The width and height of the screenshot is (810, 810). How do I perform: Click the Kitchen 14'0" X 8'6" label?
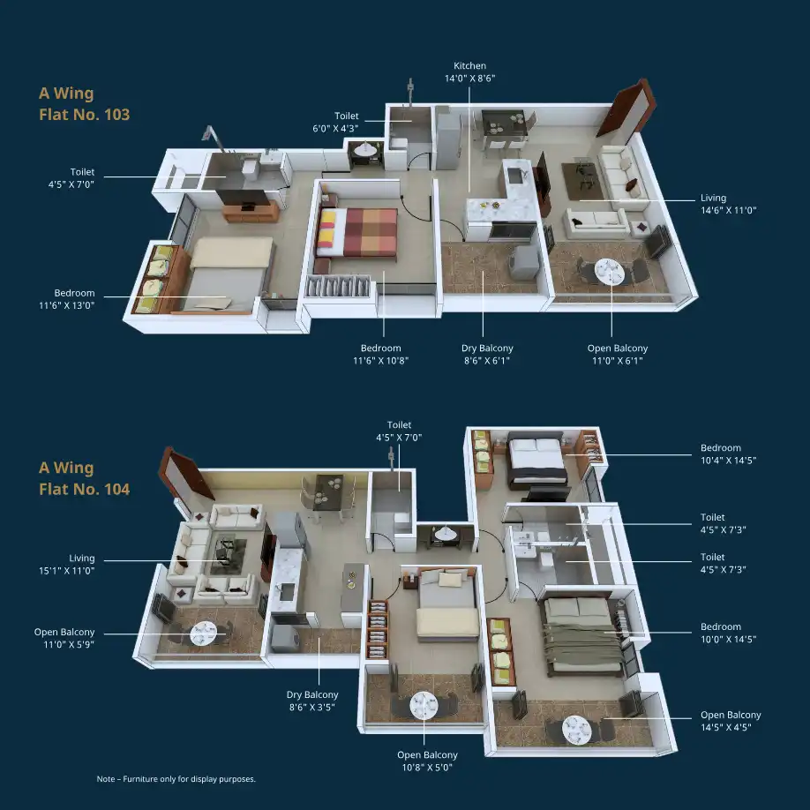click(x=469, y=71)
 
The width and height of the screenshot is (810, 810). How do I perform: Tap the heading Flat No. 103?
click(x=84, y=114)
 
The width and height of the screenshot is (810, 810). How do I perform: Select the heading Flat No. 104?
click(x=84, y=489)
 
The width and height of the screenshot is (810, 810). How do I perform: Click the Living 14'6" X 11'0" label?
click(x=728, y=204)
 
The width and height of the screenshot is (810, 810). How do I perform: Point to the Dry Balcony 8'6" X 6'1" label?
click(x=487, y=355)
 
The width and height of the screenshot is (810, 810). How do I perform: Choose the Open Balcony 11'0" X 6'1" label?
click(x=618, y=355)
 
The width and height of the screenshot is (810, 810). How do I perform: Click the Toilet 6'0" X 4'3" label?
click(x=336, y=122)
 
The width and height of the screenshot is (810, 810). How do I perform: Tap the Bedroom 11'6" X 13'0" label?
click(x=67, y=299)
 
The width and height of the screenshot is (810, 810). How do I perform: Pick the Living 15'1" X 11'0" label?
click(x=67, y=564)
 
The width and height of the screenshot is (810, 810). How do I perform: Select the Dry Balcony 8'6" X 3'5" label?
click(x=312, y=701)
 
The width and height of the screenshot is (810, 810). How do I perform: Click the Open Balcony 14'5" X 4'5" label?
click(x=731, y=721)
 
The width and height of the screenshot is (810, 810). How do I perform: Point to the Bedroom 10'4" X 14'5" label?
click(x=728, y=454)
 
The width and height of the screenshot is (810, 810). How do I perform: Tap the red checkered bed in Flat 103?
click(x=357, y=233)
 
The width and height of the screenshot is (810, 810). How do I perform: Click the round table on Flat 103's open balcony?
click(x=610, y=271)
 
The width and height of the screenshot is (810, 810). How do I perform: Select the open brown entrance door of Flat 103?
click(x=626, y=109)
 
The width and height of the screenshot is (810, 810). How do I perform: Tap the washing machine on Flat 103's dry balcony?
click(x=524, y=262)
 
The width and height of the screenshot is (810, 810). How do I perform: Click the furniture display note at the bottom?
click(x=176, y=779)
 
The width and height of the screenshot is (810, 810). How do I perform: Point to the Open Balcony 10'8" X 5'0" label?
click(x=427, y=761)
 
